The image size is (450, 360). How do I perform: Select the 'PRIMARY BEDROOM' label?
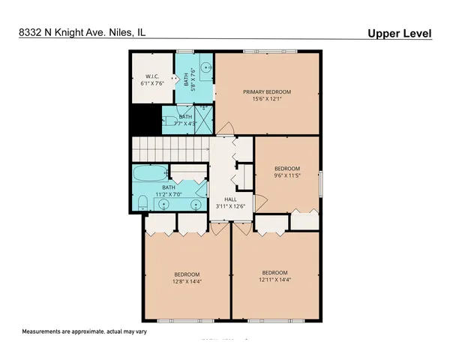[266, 91]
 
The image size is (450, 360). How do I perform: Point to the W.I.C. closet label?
[151, 76]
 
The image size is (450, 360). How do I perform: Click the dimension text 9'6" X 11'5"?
[286, 175]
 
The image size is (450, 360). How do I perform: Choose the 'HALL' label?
[220, 199]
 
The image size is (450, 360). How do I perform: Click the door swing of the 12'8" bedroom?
[217, 226]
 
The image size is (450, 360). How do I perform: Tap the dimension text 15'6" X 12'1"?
[266, 100]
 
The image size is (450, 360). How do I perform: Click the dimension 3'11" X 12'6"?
[220, 206]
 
